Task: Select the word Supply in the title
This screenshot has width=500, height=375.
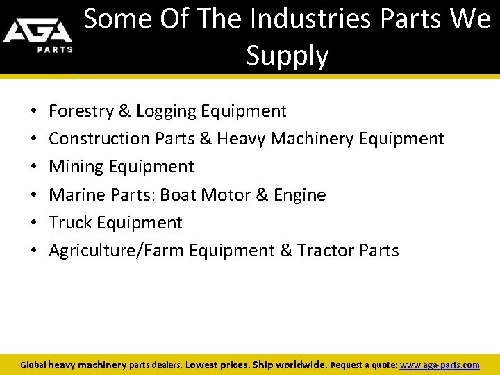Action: pyautogui.click(x=287, y=56)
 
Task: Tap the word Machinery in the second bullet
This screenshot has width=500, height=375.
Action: pyautogui.click(x=312, y=139)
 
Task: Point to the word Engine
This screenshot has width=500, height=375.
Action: pyautogui.click(x=300, y=195)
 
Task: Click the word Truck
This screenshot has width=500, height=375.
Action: pyautogui.click(x=71, y=223)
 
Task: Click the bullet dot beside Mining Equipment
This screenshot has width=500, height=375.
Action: pyautogui.click(x=34, y=167)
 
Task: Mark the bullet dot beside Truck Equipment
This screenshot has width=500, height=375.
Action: pyautogui.click(x=34, y=224)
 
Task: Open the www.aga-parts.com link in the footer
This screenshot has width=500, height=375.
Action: pyautogui.click(x=439, y=365)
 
